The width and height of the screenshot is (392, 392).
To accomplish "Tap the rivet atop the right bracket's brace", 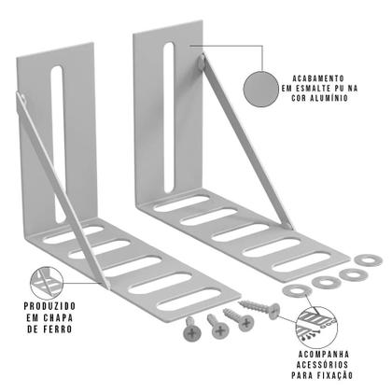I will pos(202,63).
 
